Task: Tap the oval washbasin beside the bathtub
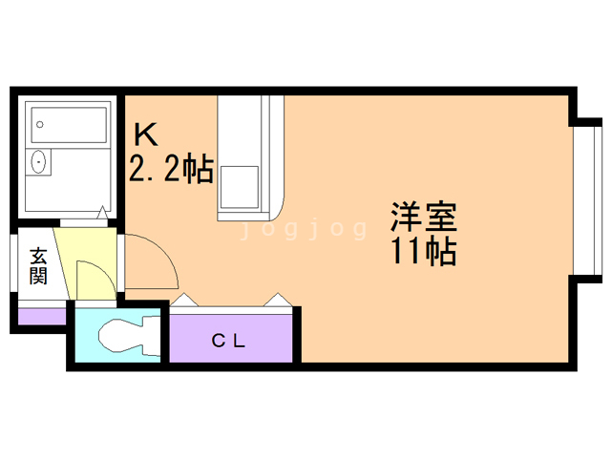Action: coord(39,162)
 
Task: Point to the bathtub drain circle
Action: coord(41,123)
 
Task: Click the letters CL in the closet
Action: coord(229,340)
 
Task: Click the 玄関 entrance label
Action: coord(38,266)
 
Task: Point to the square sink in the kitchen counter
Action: coord(239,187)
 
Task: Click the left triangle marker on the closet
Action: coord(184,300)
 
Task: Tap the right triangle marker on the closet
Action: coord(279,300)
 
